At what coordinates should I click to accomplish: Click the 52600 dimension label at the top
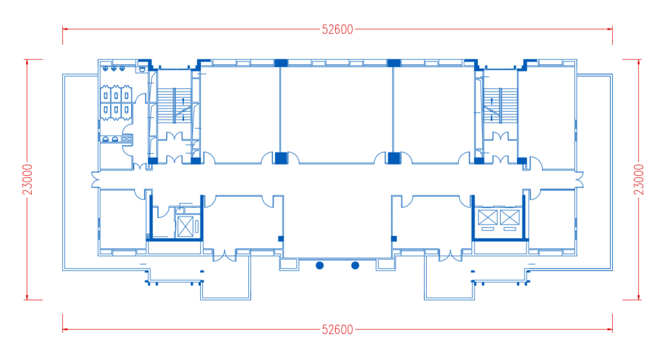pos(337,29)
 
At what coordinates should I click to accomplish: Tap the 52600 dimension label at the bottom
pos(337,330)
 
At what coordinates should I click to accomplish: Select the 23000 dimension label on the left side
pos(27,180)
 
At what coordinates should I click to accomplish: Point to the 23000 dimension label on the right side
pos(639,180)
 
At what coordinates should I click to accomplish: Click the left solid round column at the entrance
pos(320,265)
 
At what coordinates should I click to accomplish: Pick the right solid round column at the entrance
pos(355,265)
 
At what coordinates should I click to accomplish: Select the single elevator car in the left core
pos(185,226)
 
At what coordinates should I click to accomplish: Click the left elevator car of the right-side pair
pos(488,217)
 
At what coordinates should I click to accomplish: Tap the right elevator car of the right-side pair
pos(510,217)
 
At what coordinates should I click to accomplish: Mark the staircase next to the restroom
pos(174,106)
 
